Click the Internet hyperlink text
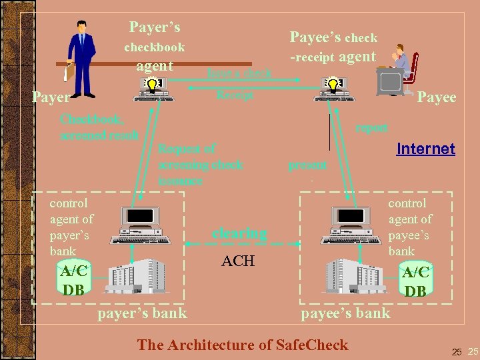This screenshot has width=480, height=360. [425, 149]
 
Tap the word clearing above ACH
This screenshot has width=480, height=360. [239, 233]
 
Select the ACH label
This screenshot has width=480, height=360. [238, 261]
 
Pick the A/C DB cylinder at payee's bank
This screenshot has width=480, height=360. [415, 279]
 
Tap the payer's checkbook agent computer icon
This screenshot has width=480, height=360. [154, 89]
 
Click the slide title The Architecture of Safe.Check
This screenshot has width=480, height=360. [242, 345]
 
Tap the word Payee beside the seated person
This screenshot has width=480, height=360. [437, 97]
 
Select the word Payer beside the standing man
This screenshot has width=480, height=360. [51, 97]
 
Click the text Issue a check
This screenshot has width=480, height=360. [239, 73]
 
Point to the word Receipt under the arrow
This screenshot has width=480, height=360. [235, 95]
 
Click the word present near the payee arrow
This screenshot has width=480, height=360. [307, 165]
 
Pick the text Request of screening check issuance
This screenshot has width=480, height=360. [200, 164]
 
